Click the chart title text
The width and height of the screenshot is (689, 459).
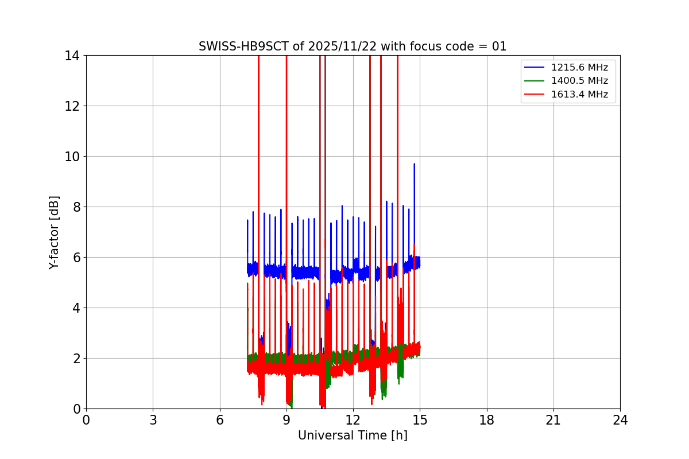(x=353, y=46)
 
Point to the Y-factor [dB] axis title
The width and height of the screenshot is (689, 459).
(x=54, y=232)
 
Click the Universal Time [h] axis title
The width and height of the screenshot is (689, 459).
(x=353, y=435)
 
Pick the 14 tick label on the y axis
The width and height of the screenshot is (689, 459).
(x=72, y=56)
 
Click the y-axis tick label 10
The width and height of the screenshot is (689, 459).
(x=72, y=157)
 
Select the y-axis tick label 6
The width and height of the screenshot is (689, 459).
(x=75, y=258)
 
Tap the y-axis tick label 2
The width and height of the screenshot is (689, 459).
(x=75, y=359)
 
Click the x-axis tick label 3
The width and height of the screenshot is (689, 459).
(x=153, y=421)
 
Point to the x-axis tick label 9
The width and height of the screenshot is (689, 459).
(x=287, y=421)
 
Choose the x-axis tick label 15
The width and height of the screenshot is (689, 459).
(x=420, y=421)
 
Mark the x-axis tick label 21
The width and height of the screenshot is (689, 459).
(x=553, y=421)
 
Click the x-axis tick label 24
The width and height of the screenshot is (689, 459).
(x=620, y=421)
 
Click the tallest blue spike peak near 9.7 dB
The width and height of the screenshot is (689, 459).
(x=414, y=164)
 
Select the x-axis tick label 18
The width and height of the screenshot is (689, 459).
(x=487, y=421)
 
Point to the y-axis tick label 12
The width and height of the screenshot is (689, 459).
(x=72, y=106)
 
